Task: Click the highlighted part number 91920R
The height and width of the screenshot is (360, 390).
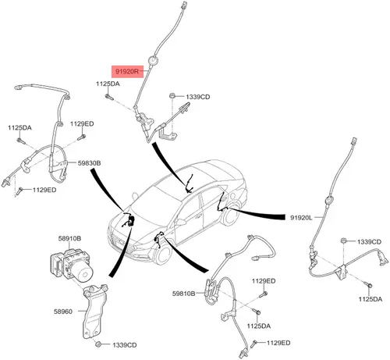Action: click(x=127, y=71)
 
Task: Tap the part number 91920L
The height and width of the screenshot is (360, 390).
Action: click(x=301, y=218)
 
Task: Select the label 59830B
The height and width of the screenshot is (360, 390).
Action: click(x=89, y=163)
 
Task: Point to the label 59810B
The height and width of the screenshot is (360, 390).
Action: click(x=183, y=294)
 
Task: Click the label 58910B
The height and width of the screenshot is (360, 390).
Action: click(x=69, y=238)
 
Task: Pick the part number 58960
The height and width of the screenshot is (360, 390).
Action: click(x=63, y=312)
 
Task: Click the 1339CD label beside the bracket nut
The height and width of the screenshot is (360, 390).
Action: click(x=125, y=345)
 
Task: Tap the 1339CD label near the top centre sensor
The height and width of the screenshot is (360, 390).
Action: click(x=198, y=97)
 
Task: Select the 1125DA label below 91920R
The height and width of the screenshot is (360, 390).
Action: click(x=108, y=84)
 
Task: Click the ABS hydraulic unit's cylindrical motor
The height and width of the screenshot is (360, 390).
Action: click(x=85, y=273)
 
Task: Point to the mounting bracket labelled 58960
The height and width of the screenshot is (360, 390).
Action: click(x=94, y=312)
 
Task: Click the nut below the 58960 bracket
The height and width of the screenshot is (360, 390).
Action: click(x=98, y=344)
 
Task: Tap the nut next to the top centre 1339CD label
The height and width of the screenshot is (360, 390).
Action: click(x=172, y=95)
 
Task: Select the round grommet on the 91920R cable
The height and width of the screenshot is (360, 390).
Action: click(x=153, y=60)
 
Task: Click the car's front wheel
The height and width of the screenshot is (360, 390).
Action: click(x=163, y=251)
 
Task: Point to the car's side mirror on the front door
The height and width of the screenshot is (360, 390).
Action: click(x=180, y=222)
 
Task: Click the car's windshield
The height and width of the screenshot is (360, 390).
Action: click(x=155, y=204)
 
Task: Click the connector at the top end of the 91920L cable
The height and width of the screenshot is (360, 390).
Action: click(x=354, y=141)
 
